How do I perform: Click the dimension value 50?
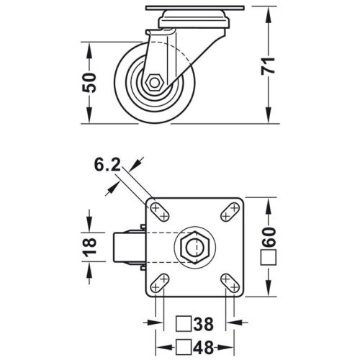tap(90, 83)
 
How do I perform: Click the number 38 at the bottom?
tap(205, 323)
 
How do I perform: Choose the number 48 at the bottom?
tap(205, 346)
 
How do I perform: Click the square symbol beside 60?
tap(270, 256)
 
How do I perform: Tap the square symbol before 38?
tap(184, 323)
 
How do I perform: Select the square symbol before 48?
tap(184, 346)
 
